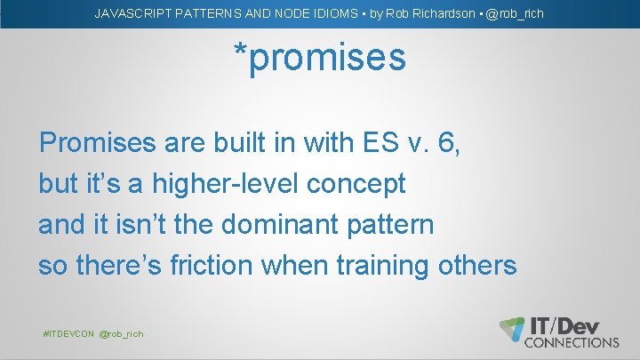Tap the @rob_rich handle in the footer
[x=121, y=333]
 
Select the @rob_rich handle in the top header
[x=515, y=13]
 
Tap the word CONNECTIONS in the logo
[x=572, y=342]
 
